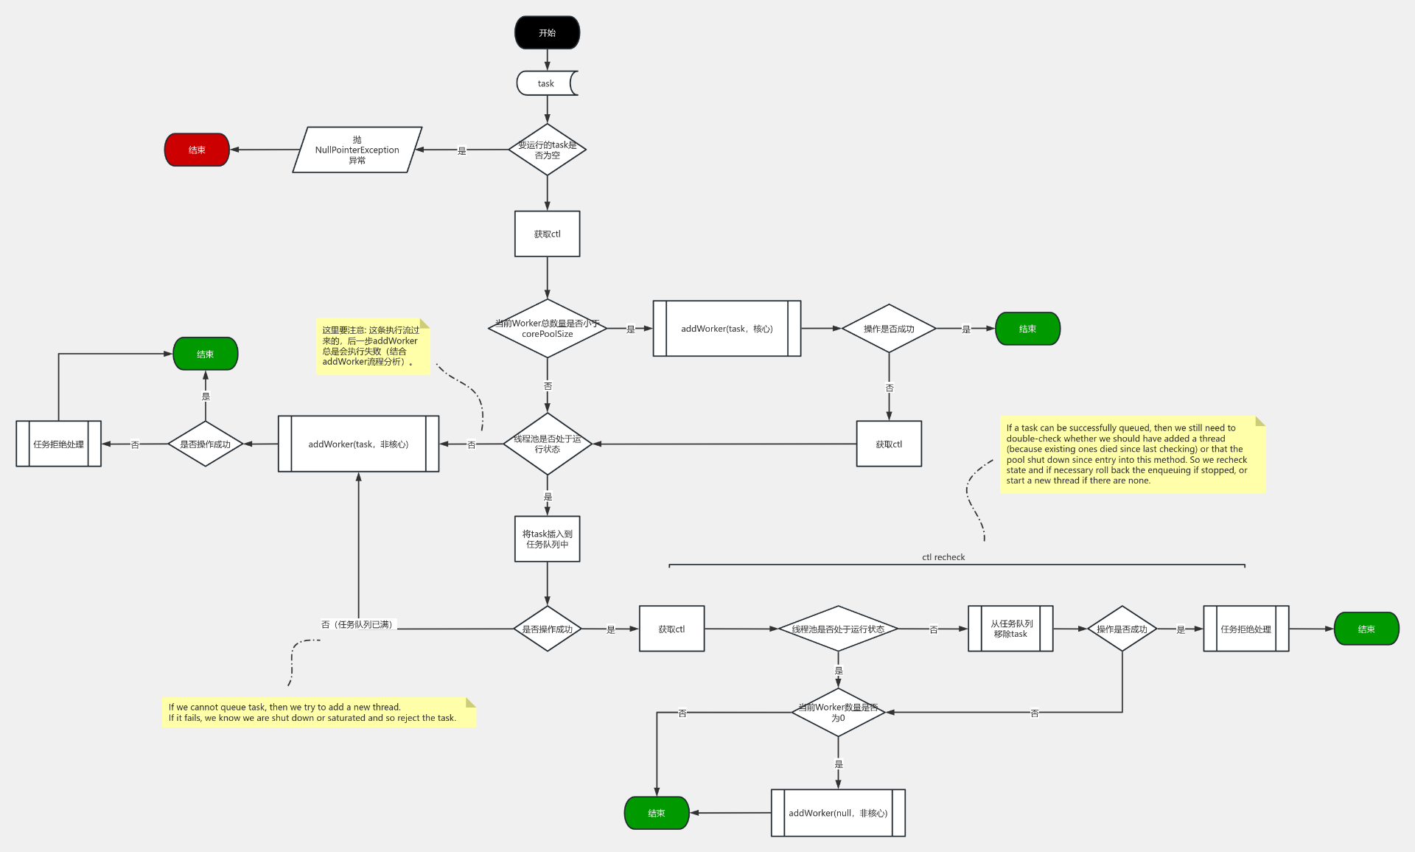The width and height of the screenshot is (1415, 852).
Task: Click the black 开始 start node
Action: pos(547,33)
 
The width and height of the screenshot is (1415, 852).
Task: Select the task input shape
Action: pos(546,83)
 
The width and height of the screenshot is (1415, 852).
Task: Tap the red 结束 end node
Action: pos(197,150)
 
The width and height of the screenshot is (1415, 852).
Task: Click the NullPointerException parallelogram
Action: pos(357,150)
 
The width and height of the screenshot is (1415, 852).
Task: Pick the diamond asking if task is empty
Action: pos(547,150)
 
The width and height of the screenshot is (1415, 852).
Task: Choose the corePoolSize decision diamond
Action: pos(547,329)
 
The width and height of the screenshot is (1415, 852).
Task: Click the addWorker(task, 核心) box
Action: pos(727,329)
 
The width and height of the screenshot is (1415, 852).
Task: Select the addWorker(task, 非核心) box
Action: pos(358,444)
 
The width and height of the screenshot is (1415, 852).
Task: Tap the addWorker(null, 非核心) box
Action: pos(838,813)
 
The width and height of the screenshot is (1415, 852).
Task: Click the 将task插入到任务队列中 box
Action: pos(547,539)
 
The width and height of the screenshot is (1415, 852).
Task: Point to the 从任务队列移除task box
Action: pos(1010,629)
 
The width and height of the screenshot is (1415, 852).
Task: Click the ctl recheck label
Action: pos(943,557)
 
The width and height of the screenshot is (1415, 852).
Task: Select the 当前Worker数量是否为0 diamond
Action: pos(838,713)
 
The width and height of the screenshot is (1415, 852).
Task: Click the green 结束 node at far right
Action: pos(1366,629)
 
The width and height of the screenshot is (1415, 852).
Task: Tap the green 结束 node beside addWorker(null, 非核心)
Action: pos(657,813)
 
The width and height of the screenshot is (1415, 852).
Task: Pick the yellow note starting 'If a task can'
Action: pos(1132,454)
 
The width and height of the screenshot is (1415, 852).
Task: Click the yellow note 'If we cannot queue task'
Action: pos(318,713)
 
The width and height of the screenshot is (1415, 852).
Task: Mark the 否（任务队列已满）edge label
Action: pos(358,624)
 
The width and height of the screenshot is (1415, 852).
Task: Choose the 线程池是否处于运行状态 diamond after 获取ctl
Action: pos(838,629)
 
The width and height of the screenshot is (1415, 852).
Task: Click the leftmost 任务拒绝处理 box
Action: pos(58,444)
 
